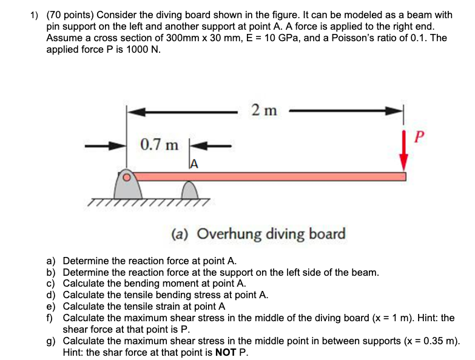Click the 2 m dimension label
(263, 110)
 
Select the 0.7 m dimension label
(159, 145)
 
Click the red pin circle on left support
(127, 177)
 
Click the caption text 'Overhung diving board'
(271, 234)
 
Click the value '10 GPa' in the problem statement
(340, 38)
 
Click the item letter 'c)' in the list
(52, 284)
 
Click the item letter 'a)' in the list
(52, 261)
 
